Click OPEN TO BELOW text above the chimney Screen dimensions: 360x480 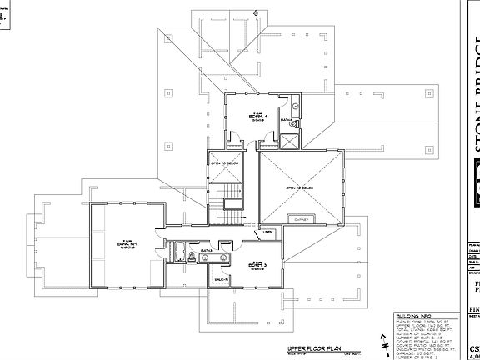click(300, 188)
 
